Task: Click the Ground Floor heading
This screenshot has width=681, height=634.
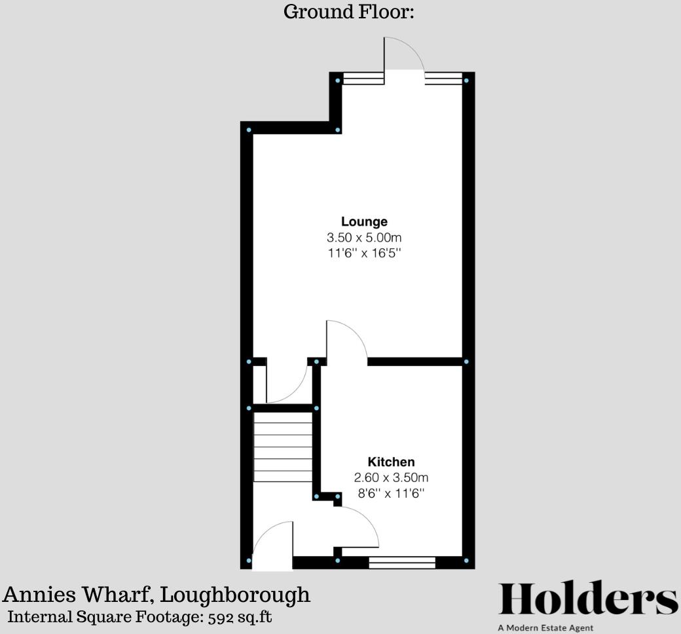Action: (x=348, y=11)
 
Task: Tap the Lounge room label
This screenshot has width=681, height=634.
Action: (x=364, y=221)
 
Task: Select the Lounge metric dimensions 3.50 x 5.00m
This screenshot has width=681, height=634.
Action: (x=364, y=237)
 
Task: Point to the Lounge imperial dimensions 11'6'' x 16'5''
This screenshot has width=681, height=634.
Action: (x=364, y=253)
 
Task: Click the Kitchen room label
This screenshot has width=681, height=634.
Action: (x=391, y=462)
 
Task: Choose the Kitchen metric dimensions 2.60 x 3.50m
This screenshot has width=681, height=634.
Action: (x=391, y=477)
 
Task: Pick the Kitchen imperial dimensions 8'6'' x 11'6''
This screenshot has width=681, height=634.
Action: (x=391, y=493)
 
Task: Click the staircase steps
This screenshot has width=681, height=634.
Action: (x=283, y=452)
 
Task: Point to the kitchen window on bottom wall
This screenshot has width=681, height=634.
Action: (x=402, y=562)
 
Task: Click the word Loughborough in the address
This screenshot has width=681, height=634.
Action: (x=235, y=595)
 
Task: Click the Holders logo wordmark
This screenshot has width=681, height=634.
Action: (x=588, y=599)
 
